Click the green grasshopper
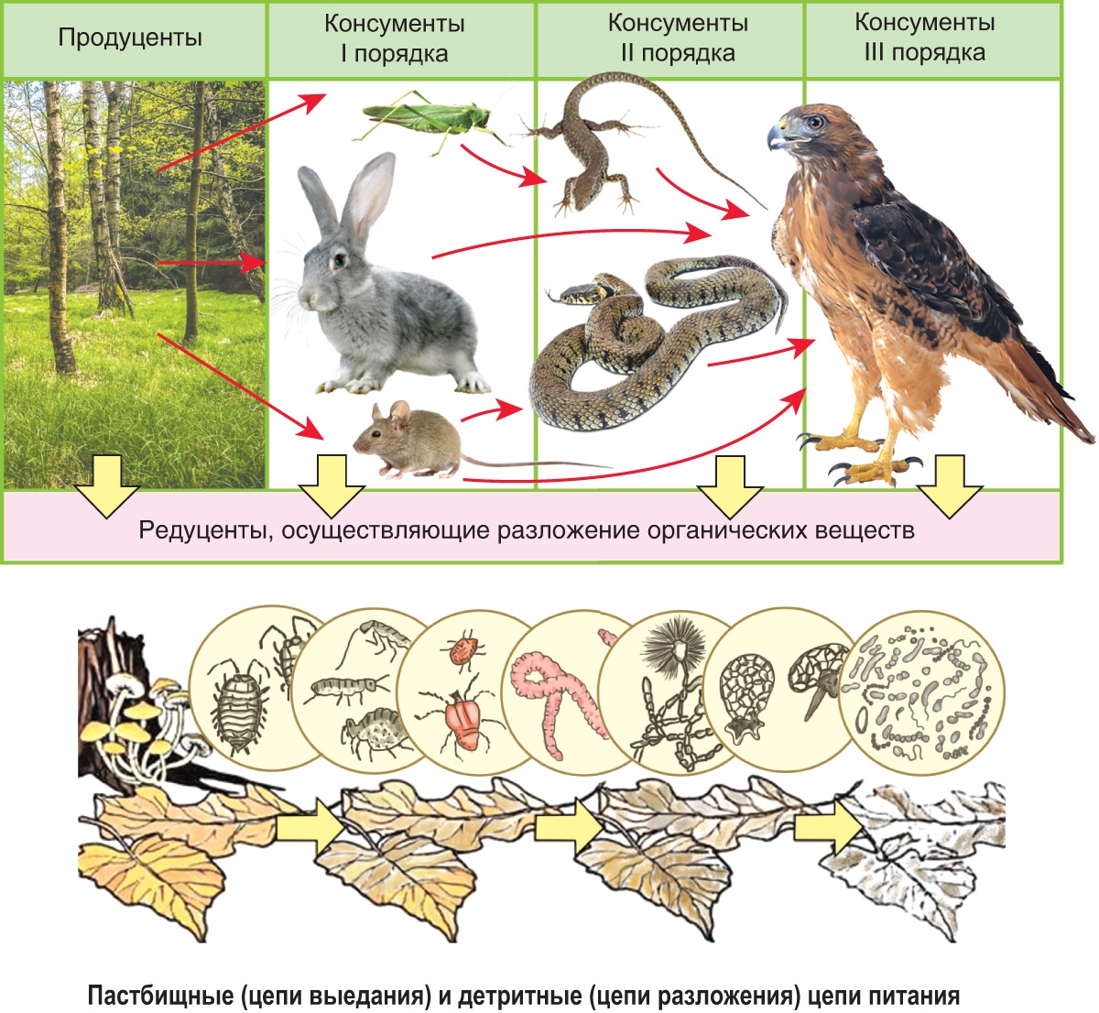tap(426, 116)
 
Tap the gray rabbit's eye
tap(339, 260)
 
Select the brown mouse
tap(403, 438)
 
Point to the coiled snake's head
tap(572, 293)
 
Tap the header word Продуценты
tap(130, 38)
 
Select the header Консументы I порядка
tap(394, 38)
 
